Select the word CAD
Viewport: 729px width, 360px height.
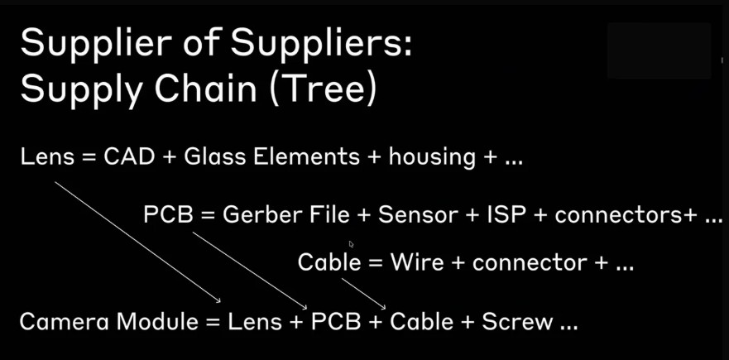(x=129, y=156)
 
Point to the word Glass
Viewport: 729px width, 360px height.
(x=211, y=156)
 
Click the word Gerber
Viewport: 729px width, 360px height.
(x=261, y=215)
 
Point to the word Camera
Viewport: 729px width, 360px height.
(x=65, y=321)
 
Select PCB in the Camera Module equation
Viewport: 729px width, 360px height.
(x=336, y=321)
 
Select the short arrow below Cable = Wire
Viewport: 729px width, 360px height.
(x=362, y=290)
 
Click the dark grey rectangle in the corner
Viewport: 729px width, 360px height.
(x=659, y=50)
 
